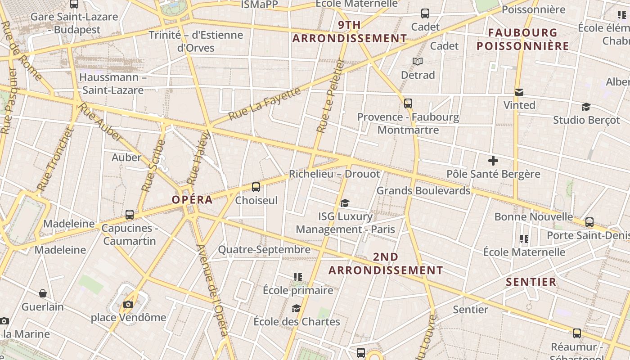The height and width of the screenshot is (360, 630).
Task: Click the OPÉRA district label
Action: (x=192, y=200)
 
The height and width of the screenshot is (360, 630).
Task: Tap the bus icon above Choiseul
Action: (x=256, y=187)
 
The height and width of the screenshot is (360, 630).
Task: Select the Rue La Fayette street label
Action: (x=264, y=104)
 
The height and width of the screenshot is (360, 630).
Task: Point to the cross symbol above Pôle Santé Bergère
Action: (x=493, y=161)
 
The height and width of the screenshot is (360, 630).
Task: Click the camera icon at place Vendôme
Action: (x=128, y=305)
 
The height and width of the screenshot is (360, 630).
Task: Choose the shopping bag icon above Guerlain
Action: (x=43, y=294)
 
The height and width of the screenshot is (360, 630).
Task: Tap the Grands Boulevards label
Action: (x=423, y=191)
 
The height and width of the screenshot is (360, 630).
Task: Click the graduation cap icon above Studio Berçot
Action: (x=586, y=107)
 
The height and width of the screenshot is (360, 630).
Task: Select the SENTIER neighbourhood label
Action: (x=531, y=282)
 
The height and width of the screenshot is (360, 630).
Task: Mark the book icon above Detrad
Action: (x=418, y=61)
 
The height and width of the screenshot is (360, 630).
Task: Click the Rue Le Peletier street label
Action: (x=330, y=96)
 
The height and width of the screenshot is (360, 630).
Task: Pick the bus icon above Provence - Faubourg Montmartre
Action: (x=408, y=103)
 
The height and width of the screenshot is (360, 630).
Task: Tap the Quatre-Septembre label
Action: (x=264, y=249)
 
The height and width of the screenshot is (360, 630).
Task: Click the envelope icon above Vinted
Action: (x=519, y=92)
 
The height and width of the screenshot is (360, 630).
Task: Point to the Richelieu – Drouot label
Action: (x=334, y=174)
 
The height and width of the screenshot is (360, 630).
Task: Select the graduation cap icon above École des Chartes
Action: (x=296, y=308)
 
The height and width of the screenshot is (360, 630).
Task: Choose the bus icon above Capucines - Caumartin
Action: (x=130, y=215)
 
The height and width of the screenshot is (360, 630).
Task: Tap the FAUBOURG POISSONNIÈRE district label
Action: (x=523, y=39)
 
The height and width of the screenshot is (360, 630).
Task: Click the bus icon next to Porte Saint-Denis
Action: (x=589, y=222)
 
